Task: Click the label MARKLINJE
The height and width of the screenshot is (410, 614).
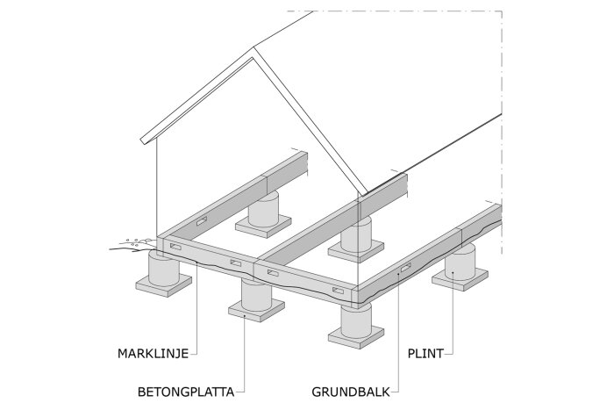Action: (x=153, y=356)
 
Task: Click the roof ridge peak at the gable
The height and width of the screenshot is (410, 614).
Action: (x=254, y=54)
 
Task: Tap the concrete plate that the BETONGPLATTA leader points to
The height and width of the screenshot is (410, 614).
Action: (x=256, y=309)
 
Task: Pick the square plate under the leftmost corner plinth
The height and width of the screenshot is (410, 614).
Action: (x=164, y=285)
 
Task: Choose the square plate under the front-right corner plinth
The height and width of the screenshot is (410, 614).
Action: (x=357, y=335)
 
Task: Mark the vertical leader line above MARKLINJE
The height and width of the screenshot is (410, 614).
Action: (x=196, y=307)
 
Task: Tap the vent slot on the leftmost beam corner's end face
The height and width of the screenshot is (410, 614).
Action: (x=176, y=249)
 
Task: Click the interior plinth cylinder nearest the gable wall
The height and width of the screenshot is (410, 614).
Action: (x=263, y=211)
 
